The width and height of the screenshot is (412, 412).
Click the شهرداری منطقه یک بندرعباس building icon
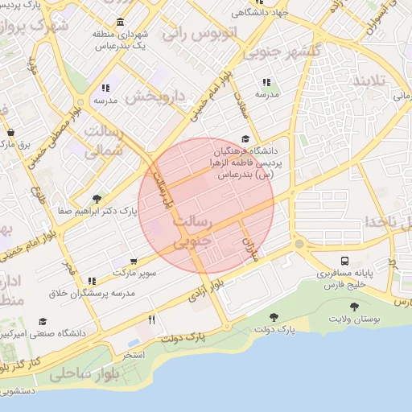[121, 21]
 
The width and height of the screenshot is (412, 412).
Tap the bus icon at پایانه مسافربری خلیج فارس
[345, 261]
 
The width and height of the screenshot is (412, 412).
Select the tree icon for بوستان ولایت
[354, 306]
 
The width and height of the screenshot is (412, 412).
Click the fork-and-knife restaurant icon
[151, 319]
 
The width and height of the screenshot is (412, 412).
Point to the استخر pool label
[134, 354]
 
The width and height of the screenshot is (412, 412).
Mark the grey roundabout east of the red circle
[299, 243]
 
